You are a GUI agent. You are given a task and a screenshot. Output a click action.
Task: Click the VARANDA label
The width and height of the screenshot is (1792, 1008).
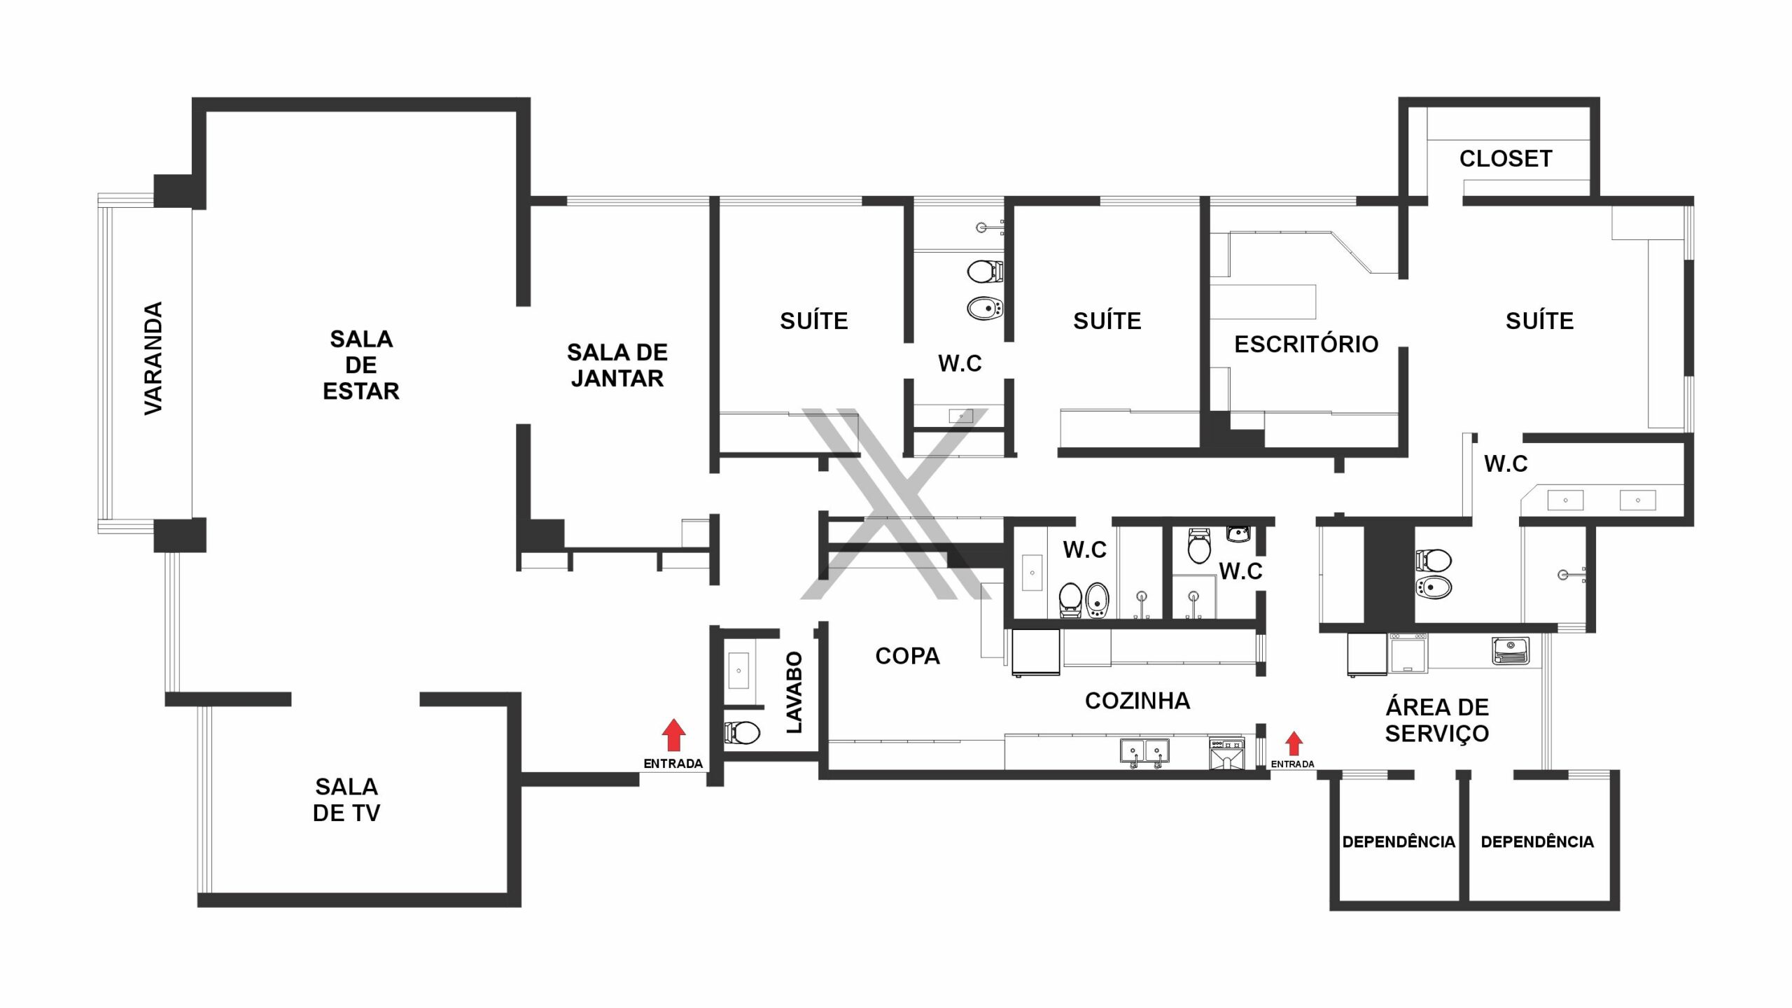point(153,358)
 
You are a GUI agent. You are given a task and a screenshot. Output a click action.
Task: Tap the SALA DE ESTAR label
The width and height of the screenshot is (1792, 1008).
point(361,365)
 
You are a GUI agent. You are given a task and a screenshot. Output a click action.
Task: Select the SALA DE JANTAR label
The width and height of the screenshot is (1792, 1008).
point(617,365)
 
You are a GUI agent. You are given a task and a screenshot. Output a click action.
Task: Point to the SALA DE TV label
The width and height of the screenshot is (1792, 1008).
point(346,799)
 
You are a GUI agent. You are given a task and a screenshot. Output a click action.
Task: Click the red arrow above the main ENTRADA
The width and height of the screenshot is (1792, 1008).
point(673,735)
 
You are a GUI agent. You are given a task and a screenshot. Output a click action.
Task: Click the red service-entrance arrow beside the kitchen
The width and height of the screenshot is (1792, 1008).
point(1294,743)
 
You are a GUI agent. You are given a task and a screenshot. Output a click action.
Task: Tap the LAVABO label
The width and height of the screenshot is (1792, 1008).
point(794,692)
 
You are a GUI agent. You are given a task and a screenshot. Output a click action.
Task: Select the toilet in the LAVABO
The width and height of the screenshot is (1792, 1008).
point(742,733)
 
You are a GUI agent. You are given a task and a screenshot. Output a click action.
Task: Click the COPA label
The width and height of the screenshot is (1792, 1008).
point(907,656)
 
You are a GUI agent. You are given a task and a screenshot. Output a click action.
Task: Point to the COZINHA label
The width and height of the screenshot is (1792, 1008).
point(1137,701)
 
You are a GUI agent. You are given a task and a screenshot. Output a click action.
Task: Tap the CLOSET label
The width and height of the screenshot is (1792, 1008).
point(1506,159)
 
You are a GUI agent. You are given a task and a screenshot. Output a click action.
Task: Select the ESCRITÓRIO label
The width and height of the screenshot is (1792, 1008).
point(1306,344)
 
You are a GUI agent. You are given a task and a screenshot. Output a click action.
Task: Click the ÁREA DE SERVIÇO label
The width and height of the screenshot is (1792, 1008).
point(1437,720)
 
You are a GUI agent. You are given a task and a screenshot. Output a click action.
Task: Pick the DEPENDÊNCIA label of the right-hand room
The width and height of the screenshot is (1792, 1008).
point(1537,841)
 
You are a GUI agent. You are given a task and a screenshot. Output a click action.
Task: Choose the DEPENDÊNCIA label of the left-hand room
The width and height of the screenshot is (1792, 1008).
point(1399,841)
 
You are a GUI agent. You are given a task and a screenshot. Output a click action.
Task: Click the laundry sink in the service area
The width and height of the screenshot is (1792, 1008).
point(1511,650)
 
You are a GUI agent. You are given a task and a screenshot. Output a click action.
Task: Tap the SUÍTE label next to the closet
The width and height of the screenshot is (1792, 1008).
point(1540,321)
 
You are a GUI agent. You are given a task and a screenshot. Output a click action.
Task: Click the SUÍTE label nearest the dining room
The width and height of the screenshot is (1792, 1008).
point(814,321)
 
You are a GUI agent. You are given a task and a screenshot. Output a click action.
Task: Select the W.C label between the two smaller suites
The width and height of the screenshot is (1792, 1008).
point(960,363)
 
